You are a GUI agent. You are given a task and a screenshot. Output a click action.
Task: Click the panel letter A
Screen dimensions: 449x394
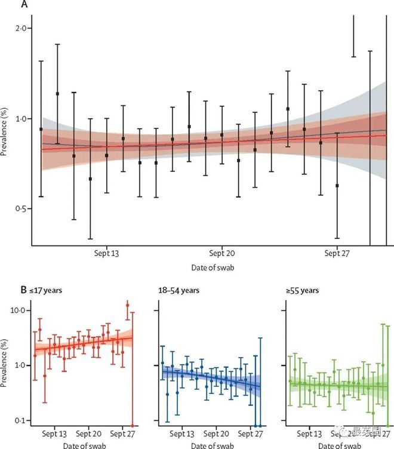pyautogui.click(x=24, y=4)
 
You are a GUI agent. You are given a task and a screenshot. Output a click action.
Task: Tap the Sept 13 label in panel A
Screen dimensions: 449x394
pyautogui.click(x=107, y=253)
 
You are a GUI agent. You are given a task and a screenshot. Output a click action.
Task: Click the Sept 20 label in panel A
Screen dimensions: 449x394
pyautogui.click(x=221, y=253)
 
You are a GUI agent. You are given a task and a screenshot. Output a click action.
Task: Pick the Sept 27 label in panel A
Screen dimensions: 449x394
pyautogui.click(x=337, y=253)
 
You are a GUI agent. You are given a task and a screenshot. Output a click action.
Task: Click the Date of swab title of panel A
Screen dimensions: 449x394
pyautogui.click(x=213, y=268)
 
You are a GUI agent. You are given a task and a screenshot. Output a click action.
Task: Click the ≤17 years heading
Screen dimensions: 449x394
pyautogui.click(x=46, y=291)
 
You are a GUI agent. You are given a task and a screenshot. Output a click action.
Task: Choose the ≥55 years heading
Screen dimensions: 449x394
pyautogui.click(x=303, y=291)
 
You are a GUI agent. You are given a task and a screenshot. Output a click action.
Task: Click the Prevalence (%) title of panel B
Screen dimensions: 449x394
pyautogui.click(x=5, y=365)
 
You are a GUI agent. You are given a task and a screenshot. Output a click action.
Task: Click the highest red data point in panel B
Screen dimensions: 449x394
pyautogui.click(x=127, y=305)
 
